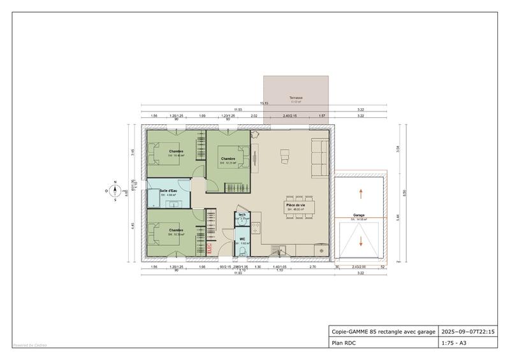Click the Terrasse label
295,98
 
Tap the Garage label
359,216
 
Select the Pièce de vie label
295,205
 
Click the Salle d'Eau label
168,191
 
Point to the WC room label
242,240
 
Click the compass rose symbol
115,191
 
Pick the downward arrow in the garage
361,241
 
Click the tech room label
242,215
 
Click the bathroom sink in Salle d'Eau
172,204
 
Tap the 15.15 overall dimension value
263,103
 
